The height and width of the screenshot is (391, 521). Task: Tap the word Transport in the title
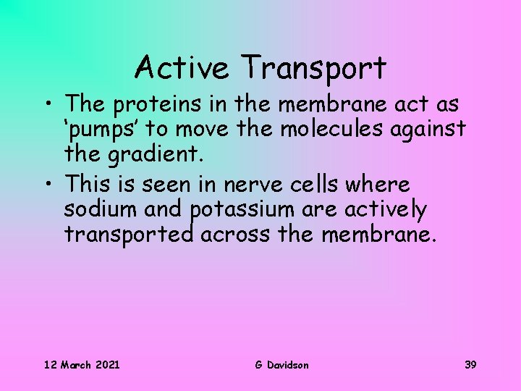(x=314, y=70)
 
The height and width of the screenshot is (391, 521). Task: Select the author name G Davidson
(x=281, y=364)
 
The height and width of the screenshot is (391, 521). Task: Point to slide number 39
(x=470, y=364)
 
